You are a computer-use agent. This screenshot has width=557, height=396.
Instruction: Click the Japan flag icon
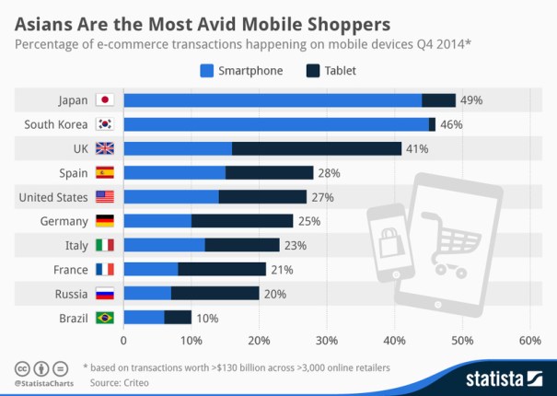104,100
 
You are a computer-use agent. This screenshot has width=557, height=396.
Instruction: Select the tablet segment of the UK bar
317,148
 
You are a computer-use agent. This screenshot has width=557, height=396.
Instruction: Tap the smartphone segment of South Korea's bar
276,124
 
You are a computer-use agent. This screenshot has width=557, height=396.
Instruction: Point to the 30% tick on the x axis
327,341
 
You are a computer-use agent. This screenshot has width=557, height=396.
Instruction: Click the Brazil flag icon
104,318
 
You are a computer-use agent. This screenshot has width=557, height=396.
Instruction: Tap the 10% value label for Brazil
206,318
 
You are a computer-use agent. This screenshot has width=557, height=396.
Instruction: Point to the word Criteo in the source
133,381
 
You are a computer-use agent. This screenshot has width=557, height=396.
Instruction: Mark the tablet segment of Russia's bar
215,294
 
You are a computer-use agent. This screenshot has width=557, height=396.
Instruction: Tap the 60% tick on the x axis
530,341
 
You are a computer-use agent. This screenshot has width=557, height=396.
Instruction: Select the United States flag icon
104,197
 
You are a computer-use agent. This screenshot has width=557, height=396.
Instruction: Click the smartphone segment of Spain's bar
175,172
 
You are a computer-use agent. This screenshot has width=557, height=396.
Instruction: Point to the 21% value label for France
282,269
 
